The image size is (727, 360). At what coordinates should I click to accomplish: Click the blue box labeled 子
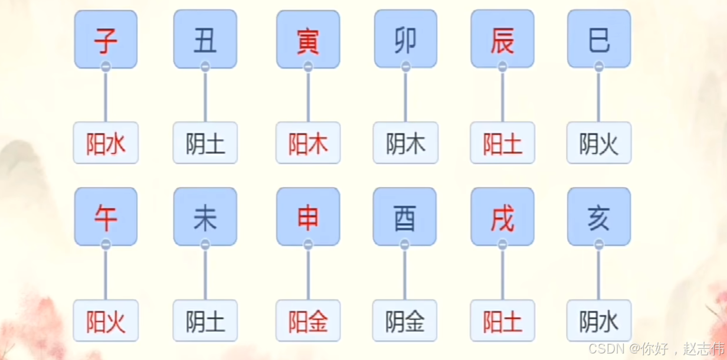tap(106, 39)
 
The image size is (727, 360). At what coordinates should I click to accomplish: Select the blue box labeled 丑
tap(205, 39)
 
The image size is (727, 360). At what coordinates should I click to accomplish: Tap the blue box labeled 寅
tap(308, 39)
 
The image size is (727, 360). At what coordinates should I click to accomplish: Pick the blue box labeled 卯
tap(405, 39)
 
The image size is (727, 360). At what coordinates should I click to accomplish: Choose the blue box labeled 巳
tap(599, 39)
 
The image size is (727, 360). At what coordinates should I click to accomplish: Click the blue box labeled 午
tap(106, 217)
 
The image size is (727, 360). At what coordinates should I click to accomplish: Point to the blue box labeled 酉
tap(404, 217)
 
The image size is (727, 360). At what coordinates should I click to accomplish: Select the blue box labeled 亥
tap(599, 217)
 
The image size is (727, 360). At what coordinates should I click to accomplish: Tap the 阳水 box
tap(106, 143)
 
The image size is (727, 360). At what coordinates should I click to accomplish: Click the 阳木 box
tap(308, 143)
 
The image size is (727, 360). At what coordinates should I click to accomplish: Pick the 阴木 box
tap(405, 143)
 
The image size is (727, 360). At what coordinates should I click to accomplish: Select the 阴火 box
tap(599, 143)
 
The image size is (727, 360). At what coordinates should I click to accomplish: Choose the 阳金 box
tap(308, 320)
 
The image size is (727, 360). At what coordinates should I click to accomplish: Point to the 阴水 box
tap(599, 320)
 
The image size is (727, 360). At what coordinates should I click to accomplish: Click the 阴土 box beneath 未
tap(205, 320)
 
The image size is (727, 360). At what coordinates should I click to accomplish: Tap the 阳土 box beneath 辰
tap(502, 143)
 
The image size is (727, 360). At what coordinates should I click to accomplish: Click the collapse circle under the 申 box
tap(308, 245)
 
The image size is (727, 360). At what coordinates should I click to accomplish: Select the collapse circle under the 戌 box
tap(502, 245)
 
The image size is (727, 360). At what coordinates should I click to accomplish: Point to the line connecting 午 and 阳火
tap(106, 274)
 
